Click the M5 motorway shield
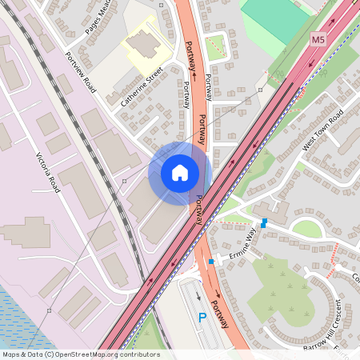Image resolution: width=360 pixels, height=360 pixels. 319,38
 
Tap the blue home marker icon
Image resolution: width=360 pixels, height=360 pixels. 179,173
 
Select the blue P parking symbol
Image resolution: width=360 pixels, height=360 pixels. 202,318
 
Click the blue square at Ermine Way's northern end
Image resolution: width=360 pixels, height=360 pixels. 263,222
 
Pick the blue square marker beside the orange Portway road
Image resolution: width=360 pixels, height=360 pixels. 211,261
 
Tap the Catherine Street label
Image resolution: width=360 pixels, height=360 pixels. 142,87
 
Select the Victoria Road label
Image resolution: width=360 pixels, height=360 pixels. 49,172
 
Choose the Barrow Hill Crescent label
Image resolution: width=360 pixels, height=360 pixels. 327,327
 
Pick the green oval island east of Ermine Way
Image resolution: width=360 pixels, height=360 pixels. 306,229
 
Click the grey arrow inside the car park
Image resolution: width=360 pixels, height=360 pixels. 199,297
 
